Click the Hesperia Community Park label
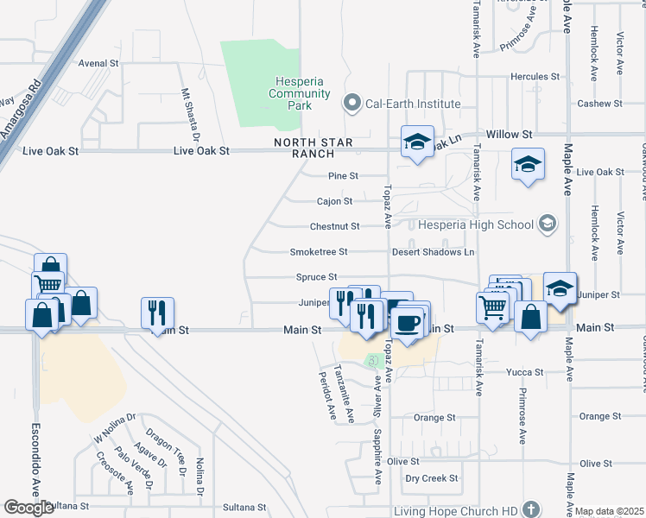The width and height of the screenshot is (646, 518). [299, 93]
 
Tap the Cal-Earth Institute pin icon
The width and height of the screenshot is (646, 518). [351, 104]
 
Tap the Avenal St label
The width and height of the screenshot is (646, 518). [98, 63]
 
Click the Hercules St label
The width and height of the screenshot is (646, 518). [536, 76]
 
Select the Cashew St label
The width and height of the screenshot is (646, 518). [600, 104]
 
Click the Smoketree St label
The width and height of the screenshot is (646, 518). [318, 252]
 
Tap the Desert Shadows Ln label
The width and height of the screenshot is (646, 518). [433, 252]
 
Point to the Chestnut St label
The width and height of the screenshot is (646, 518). [334, 226]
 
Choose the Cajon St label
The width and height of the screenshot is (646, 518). [334, 201]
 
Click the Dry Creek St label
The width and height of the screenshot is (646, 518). [431, 477]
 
